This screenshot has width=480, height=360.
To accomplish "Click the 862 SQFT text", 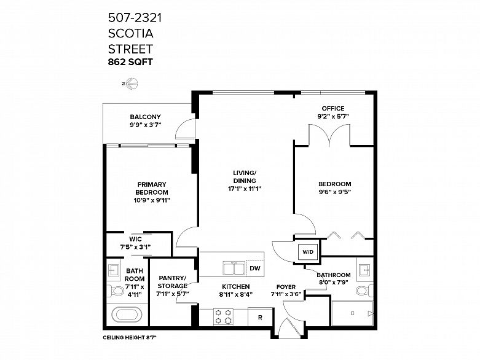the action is click(130, 62).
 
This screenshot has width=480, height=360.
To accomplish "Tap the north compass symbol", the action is click(131, 83).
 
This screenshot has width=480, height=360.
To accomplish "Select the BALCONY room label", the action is click(145, 117).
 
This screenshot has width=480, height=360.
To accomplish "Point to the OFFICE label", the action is click(332, 108).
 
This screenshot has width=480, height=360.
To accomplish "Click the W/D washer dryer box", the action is click(308, 252).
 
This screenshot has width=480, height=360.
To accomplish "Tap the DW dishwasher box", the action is click(255, 268).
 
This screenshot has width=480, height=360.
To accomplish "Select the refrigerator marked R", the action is click(260, 318).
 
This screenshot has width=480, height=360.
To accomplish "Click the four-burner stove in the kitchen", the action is click(223, 317).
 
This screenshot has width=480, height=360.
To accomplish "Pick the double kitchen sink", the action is click(234, 268).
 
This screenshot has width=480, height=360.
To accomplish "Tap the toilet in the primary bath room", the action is click(115, 290).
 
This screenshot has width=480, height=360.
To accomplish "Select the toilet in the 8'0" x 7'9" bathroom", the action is click(365, 290).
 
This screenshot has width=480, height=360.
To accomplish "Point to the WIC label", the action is click(135, 239).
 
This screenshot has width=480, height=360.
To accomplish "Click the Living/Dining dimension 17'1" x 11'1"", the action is click(245, 189).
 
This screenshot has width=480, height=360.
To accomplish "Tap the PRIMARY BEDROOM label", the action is click(152, 189).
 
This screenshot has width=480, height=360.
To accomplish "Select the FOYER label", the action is click(286, 287).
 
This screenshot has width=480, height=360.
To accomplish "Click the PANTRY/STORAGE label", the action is click(173, 282).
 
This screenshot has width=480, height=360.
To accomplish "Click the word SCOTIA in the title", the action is click(131, 33).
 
